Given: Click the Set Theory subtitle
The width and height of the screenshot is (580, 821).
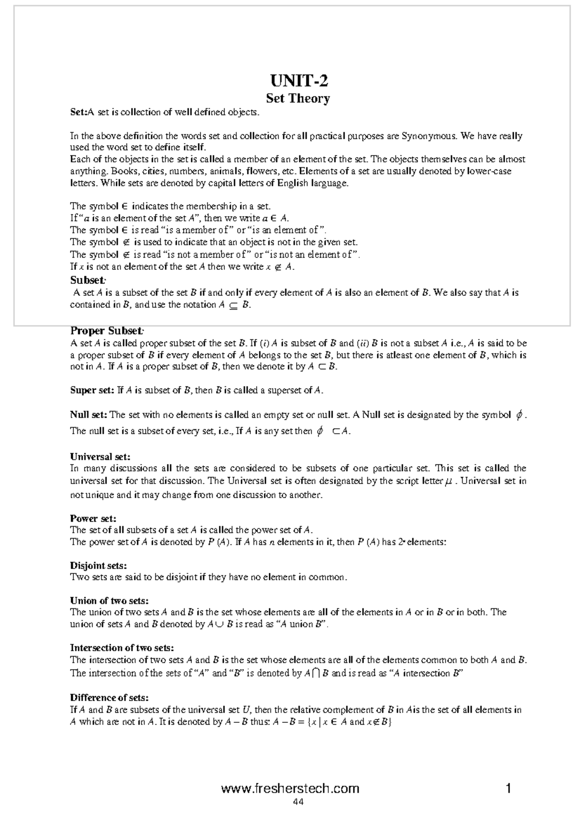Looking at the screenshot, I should [x=298, y=99].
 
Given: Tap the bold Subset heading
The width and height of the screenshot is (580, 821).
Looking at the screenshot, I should [x=87, y=280].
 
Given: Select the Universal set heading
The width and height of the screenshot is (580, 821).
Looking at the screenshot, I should [x=100, y=456].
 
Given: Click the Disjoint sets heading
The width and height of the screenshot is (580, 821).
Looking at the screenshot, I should [x=99, y=565].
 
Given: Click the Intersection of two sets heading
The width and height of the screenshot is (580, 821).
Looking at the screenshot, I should [x=122, y=648].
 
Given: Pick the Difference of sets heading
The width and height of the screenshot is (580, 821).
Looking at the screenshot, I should [x=109, y=698].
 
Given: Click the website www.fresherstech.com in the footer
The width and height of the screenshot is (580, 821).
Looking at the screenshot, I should [x=290, y=789].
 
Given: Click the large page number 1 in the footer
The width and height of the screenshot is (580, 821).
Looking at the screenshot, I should [x=508, y=789].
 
